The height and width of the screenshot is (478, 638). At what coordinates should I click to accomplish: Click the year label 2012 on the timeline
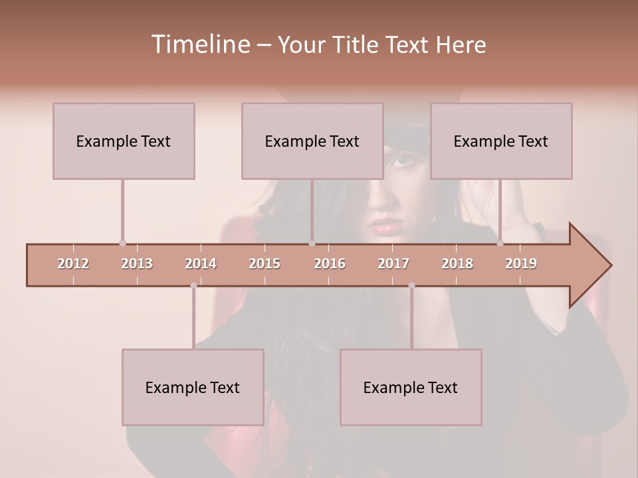[x=73, y=264]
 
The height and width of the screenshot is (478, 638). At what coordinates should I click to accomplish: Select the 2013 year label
[x=137, y=264]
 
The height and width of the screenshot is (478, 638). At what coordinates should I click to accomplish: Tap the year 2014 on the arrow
[x=201, y=264]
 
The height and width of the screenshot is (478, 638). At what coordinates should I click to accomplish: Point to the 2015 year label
[x=265, y=264]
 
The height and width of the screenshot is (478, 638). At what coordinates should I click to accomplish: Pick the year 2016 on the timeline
[x=330, y=264]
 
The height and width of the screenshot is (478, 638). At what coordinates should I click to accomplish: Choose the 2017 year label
[x=393, y=264]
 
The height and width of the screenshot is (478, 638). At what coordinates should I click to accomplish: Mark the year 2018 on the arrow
[x=457, y=264]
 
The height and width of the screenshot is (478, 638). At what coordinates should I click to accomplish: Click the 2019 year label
[x=521, y=264]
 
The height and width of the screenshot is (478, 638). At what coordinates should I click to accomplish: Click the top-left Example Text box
[x=124, y=141]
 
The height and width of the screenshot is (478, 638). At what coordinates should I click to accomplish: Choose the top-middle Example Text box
[x=312, y=141]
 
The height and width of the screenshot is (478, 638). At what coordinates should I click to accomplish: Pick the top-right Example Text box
[x=501, y=141]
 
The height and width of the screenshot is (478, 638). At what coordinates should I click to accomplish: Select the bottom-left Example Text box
[x=193, y=387]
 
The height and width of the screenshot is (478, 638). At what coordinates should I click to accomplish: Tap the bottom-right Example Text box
[x=411, y=387]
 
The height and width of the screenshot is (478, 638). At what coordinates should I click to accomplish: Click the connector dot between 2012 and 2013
[x=122, y=244]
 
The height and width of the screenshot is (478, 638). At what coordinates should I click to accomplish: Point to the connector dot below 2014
[x=193, y=285]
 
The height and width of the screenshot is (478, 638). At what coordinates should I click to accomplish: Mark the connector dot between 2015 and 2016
[x=312, y=244]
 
